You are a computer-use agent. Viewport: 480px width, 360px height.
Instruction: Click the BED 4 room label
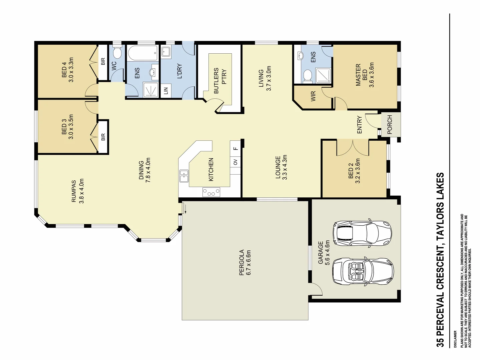(x=67, y=69)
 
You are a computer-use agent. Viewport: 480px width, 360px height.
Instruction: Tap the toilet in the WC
(x=117, y=53)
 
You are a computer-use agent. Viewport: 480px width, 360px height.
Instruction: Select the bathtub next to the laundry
(x=143, y=53)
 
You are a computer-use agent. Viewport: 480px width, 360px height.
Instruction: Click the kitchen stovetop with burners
(x=211, y=192)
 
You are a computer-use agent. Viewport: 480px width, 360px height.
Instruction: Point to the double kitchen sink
(x=184, y=176)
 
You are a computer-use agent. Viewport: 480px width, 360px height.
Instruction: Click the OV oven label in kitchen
(x=235, y=162)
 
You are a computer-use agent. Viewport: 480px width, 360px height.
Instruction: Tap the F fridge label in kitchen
(x=235, y=148)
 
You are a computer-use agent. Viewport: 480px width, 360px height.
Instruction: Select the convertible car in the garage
(x=363, y=271)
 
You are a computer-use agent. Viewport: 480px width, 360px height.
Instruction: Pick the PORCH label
(x=390, y=124)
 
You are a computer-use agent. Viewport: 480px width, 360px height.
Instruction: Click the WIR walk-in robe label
(x=313, y=97)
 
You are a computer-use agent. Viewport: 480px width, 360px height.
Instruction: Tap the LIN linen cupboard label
(x=166, y=90)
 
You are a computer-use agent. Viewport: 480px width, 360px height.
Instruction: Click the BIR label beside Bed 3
(x=103, y=137)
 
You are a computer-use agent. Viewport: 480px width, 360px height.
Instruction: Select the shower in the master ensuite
(x=323, y=75)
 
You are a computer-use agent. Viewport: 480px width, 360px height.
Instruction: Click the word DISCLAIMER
(x=455, y=339)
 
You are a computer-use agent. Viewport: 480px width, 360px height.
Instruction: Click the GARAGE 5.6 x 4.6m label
(x=324, y=253)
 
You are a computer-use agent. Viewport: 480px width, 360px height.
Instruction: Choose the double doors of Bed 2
(x=353, y=148)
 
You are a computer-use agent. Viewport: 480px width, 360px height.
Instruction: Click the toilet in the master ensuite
(x=308, y=76)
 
